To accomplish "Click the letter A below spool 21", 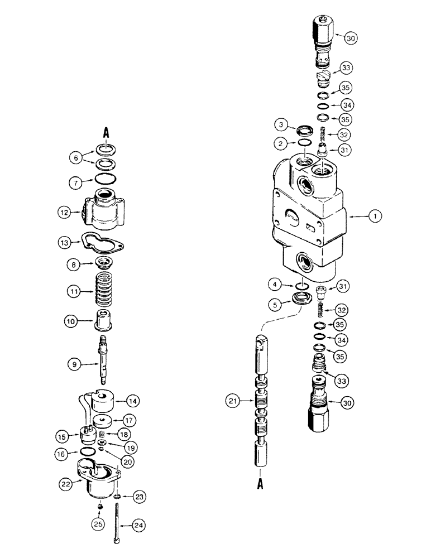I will click(x=260, y=485).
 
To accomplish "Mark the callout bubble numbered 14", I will click(x=133, y=400).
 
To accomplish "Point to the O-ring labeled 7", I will click(x=105, y=179).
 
